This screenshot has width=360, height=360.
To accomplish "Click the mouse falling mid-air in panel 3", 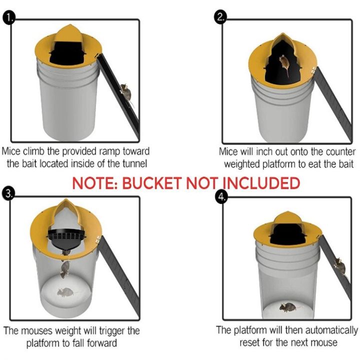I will (64, 269).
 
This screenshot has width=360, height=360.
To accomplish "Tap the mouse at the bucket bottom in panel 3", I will (65, 291).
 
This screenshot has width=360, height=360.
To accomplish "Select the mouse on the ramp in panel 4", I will (340, 264).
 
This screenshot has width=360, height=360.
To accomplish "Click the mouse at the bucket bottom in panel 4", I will (288, 306).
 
